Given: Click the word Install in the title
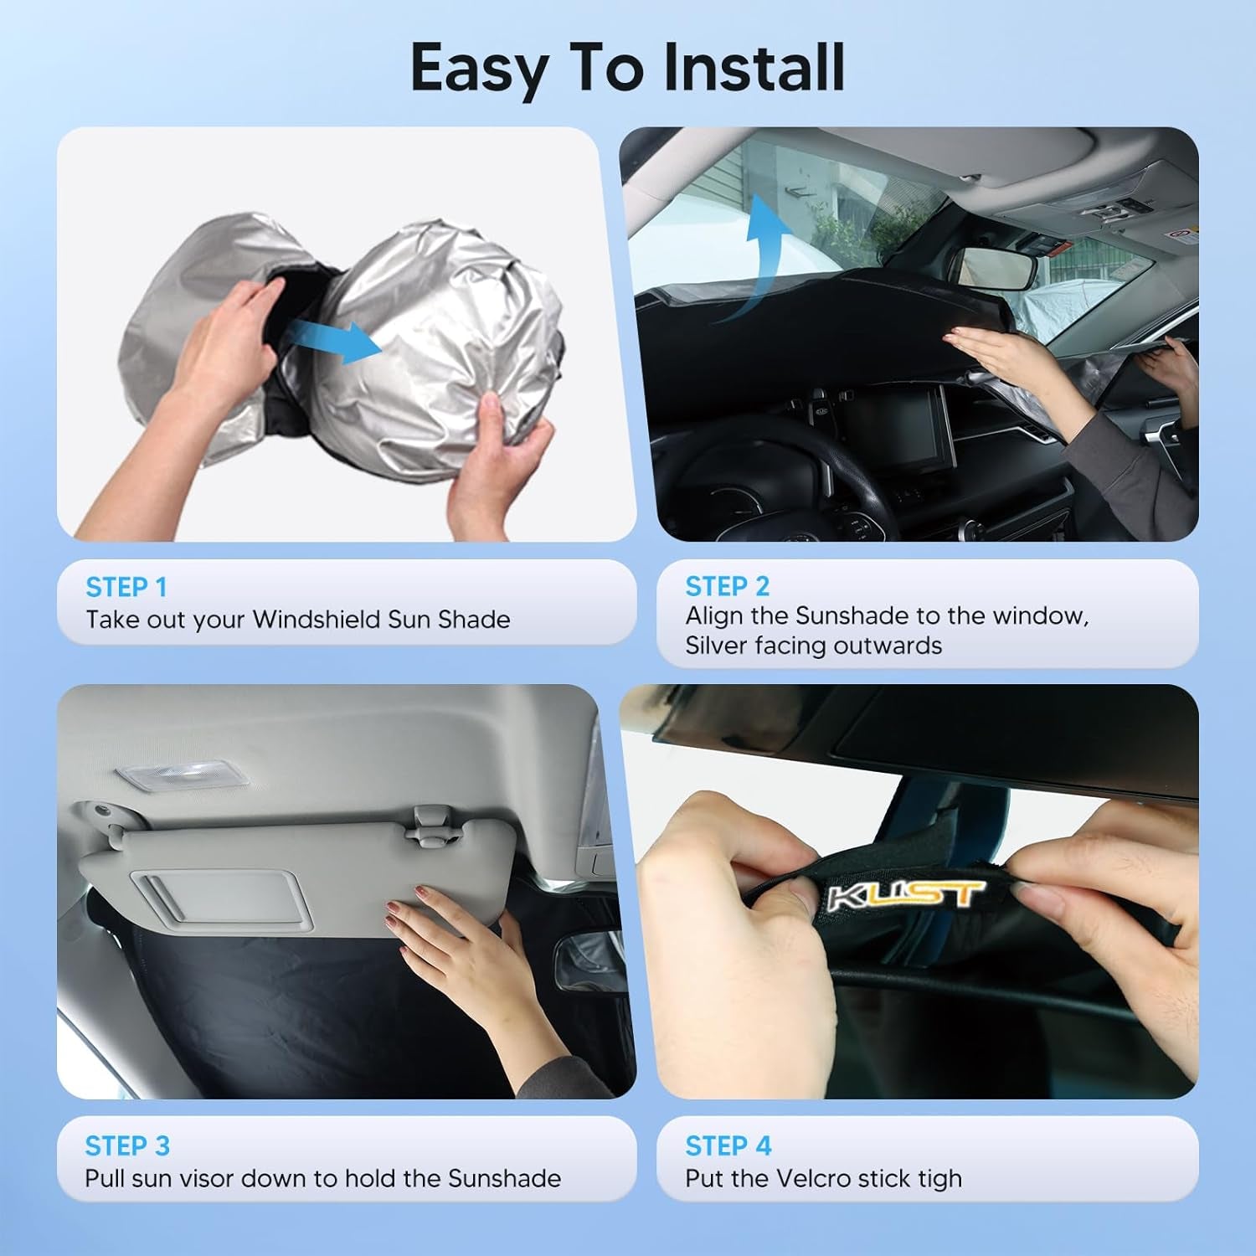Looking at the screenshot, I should (754, 69).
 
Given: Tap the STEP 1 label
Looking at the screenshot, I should (126, 587).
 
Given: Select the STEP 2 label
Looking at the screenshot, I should (727, 586).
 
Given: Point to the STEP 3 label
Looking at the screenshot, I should (127, 1145).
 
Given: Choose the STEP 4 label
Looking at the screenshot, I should (728, 1145).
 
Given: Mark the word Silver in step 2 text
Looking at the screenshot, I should (717, 646).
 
